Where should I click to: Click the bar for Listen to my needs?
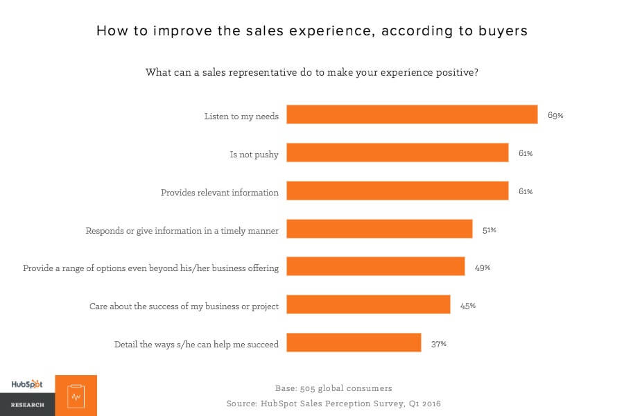click(x=412, y=114)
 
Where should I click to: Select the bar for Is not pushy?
click(x=397, y=153)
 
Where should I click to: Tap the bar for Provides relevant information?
click(x=397, y=191)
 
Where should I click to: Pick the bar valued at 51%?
click(x=379, y=229)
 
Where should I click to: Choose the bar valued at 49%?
click(x=375, y=266)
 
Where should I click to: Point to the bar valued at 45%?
click(x=368, y=304)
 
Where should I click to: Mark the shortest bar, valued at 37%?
click(x=354, y=343)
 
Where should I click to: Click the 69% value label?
click(x=555, y=115)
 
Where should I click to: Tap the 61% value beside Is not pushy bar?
click(x=526, y=153)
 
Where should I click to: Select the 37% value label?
click(x=439, y=343)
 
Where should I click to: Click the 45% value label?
click(x=468, y=305)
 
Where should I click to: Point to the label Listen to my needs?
click(x=241, y=116)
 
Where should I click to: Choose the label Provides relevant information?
click(x=220, y=192)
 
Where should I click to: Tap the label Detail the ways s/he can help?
click(x=196, y=344)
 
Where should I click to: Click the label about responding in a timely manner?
click(x=182, y=230)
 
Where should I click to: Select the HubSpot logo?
click(x=27, y=385)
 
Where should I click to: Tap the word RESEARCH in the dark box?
click(x=27, y=405)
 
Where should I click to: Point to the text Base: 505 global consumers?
click(x=333, y=388)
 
